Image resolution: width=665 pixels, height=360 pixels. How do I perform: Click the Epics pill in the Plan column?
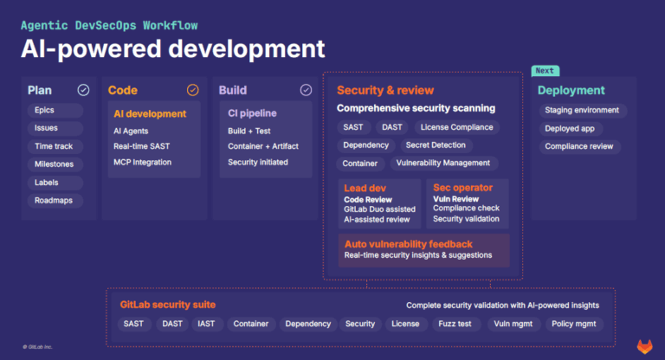[44, 111]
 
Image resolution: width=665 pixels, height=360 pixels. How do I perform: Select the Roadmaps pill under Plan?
[54, 201]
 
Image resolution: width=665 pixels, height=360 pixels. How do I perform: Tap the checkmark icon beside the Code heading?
[193, 90]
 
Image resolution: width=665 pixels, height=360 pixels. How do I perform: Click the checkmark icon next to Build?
[306, 90]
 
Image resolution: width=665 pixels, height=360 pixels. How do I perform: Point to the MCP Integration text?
[143, 162]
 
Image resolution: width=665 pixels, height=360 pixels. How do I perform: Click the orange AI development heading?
[150, 113]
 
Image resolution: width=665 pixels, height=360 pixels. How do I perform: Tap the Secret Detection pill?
[436, 145]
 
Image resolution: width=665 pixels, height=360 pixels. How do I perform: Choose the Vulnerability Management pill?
[442, 163]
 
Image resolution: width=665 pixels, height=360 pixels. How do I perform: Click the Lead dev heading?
[366, 188]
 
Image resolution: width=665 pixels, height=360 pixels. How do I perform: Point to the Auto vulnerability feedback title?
[409, 244]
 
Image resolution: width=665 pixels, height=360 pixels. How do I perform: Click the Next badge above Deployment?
[545, 71]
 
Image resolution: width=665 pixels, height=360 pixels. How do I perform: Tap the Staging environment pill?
[582, 111]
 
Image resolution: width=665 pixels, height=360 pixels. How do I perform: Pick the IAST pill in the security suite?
[206, 324]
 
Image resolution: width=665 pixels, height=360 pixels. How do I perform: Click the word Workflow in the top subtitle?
[183, 25]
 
